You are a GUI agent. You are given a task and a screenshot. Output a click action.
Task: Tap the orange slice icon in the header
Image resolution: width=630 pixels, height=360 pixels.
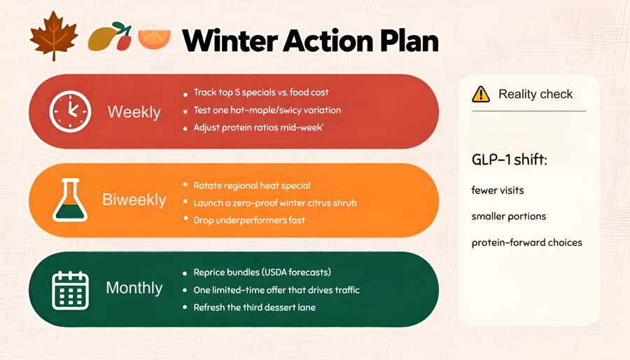[x=154, y=39]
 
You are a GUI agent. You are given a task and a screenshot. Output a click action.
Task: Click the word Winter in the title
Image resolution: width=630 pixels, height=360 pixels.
[x=230, y=41]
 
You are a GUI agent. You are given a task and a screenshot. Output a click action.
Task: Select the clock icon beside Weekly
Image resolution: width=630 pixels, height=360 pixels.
[x=70, y=111]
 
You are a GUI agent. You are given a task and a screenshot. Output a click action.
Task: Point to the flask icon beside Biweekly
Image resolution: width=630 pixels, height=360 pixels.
[x=70, y=200]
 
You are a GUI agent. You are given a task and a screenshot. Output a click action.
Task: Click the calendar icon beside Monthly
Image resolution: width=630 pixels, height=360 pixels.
[x=70, y=290]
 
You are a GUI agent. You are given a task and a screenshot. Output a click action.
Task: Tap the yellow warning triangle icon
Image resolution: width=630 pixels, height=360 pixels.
[x=481, y=95]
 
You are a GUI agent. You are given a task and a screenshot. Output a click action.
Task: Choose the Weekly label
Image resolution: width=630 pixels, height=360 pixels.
[x=134, y=111]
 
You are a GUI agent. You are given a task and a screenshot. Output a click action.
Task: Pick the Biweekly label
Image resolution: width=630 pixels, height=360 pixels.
[x=134, y=200]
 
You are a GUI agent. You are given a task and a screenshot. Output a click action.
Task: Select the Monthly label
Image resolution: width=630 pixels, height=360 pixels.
[x=134, y=288]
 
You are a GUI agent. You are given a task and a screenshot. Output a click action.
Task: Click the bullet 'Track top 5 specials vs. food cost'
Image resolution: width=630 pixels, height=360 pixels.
[x=261, y=92]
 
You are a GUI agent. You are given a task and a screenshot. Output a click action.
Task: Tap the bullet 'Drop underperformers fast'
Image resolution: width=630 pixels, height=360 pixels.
[x=249, y=220]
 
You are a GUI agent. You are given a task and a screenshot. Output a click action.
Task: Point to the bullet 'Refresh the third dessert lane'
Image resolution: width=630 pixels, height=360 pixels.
[x=254, y=307]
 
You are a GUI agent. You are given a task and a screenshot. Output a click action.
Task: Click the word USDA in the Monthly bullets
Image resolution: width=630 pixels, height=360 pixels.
[x=275, y=272]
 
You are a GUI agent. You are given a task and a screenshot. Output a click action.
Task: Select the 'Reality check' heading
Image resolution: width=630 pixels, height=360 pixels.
[x=535, y=94]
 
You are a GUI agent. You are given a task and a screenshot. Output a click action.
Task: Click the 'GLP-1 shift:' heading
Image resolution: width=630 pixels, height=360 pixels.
[x=510, y=160]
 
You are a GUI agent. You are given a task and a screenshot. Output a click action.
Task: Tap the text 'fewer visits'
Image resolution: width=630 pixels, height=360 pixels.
[x=498, y=190]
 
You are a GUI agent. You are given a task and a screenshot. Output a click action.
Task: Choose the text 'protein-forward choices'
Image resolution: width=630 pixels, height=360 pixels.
[x=526, y=242]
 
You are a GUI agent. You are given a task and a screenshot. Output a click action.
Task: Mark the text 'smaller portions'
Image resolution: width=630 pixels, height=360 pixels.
[x=509, y=216]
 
